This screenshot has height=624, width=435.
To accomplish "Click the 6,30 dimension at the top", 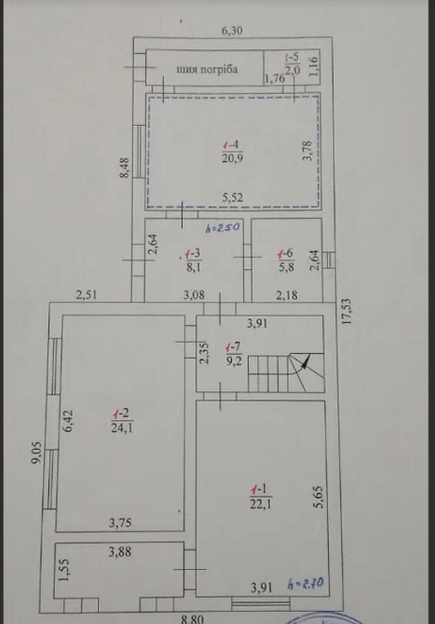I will click(x=231, y=31).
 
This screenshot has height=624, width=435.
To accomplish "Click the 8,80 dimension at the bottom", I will click(x=192, y=617).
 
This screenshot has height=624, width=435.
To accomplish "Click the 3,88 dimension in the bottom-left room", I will click(x=120, y=552).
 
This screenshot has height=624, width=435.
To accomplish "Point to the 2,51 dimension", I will click(x=88, y=296).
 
